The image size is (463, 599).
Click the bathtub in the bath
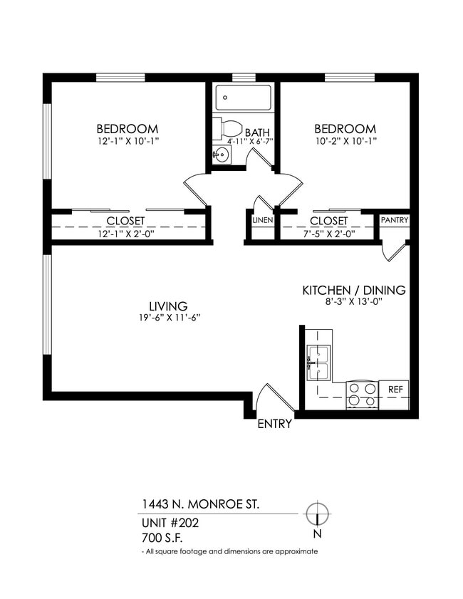(x=243, y=98)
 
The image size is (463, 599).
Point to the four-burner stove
(x=361, y=395)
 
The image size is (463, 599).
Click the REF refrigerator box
(x=395, y=390)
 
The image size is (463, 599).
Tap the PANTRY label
(x=394, y=220)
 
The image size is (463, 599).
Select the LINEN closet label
(x=261, y=220)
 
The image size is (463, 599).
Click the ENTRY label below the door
(x=274, y=424)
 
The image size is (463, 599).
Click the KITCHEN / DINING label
(x=354, y=290)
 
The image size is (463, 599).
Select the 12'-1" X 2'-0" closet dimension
(x=125, y=232)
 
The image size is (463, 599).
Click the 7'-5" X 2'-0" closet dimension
(x=328, y=232)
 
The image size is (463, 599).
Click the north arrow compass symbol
(x=316, y=514)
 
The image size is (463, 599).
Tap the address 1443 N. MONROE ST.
(x=201, y=504)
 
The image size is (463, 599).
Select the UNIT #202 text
(x=170, y=523)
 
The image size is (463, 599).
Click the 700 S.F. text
(x=162, y=538)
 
